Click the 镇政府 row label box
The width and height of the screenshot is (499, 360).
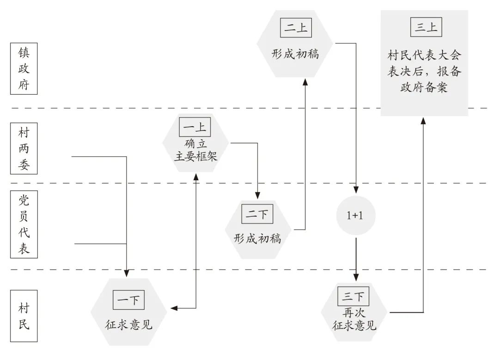(24, 69)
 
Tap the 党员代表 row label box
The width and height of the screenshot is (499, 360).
(24, 224)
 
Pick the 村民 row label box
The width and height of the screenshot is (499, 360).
(24, 317)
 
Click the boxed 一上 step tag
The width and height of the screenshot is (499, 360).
(195, 127)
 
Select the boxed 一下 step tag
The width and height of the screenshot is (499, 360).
(129, 301)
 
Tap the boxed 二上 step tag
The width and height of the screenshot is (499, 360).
(296, 29)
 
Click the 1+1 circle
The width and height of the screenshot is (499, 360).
(355, 215)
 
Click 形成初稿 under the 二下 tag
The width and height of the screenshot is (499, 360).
(257, 238)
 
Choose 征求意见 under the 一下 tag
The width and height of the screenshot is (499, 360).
(129, 325)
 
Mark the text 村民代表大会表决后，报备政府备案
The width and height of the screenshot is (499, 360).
(424, 72)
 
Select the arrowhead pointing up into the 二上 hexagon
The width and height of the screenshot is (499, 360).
(305, 82)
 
